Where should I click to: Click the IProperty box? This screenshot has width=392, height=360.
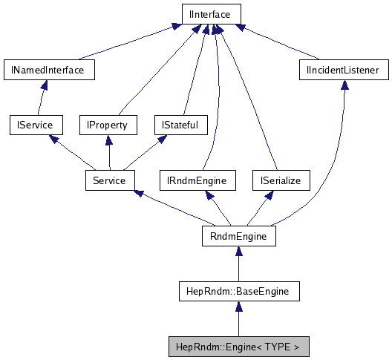pos(108,125)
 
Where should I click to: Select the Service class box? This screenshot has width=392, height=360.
pos(109,180)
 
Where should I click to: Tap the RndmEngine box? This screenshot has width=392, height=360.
pos(238,235)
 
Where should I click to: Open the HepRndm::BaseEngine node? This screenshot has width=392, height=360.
pos(238,291)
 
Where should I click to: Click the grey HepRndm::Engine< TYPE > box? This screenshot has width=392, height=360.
pos(238,346)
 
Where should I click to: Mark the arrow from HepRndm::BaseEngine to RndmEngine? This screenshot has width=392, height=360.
pos(238,264)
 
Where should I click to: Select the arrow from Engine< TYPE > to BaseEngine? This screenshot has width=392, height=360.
pos(238,319)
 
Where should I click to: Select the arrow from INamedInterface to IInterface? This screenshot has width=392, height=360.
pos(126,44)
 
